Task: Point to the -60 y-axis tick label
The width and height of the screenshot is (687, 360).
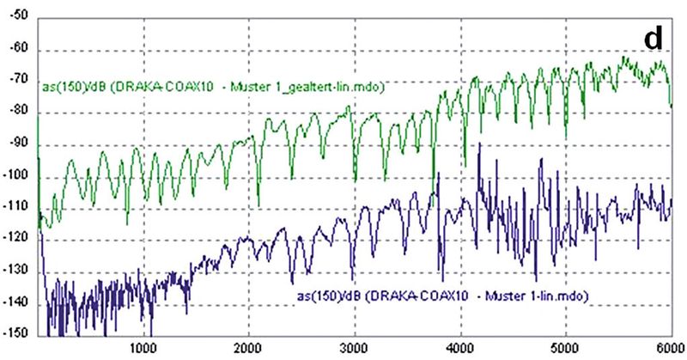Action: [x=18, y=49]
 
